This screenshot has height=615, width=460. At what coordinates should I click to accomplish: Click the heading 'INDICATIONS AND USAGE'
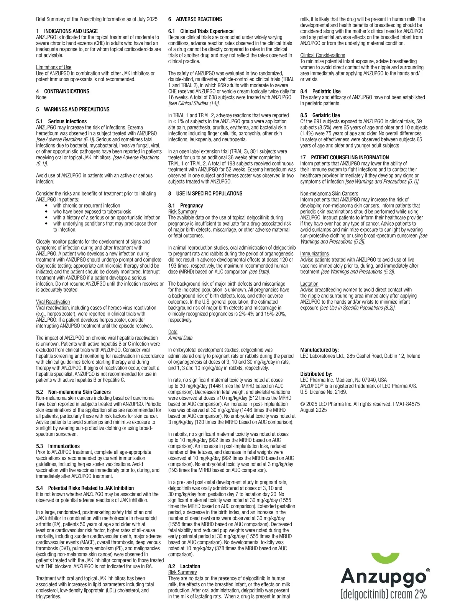coord(71,31)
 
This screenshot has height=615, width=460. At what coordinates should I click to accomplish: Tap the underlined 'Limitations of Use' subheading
coord(54,67)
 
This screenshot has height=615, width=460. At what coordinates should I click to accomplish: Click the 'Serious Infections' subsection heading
coord(67,121)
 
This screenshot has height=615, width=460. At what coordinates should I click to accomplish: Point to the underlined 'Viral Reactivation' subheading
coord(53,302)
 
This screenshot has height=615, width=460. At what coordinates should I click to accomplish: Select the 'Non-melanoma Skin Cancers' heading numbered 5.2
coord(79,392)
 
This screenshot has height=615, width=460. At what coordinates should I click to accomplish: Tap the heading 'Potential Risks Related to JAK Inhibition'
coord(91,488)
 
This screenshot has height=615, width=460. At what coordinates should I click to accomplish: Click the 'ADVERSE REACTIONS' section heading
coord(199,19)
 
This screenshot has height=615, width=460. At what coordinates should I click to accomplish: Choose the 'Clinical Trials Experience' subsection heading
coord(207,31)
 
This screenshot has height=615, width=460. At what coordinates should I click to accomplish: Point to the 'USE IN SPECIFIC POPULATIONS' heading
coord(209,194)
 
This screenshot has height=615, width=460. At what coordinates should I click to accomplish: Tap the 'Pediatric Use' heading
coord(326,92)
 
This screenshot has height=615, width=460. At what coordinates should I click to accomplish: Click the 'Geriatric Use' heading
coord(326,115)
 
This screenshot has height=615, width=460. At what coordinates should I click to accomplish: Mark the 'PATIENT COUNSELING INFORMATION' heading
coord(350,157)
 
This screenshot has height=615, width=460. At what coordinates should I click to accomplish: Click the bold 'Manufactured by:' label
coord(319,350)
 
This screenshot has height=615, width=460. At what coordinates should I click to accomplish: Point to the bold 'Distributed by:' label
coord(316,374)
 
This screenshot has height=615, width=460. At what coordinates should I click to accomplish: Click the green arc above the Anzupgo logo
coord(386,557)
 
